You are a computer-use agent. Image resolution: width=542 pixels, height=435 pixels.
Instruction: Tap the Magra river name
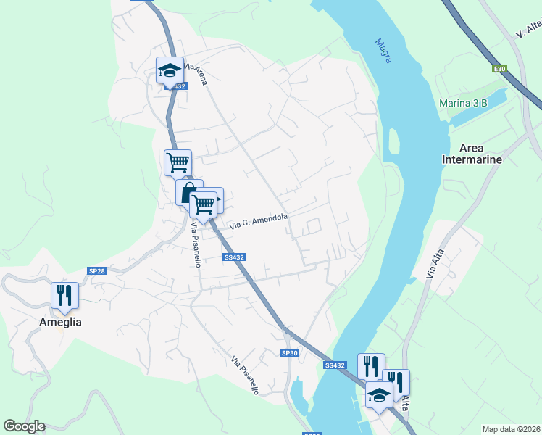383,50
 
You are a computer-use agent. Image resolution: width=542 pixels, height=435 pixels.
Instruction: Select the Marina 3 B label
463,103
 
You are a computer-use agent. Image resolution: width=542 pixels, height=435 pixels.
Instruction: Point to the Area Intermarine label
472,154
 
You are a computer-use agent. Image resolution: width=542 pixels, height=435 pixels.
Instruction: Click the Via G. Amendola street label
259,222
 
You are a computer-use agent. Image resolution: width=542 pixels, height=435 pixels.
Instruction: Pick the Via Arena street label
196,75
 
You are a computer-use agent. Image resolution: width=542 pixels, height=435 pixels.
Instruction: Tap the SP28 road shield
97,270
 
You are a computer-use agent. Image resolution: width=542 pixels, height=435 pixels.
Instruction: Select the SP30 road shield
289,353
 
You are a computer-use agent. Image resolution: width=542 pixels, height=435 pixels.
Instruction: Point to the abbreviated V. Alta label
529,29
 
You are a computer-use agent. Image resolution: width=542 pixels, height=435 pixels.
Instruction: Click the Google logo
24,426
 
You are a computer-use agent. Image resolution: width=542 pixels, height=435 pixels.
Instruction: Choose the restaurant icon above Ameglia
64,295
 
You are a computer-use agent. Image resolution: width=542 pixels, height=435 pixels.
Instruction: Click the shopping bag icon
188,193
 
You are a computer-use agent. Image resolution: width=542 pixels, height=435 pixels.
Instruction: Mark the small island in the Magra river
393,143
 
